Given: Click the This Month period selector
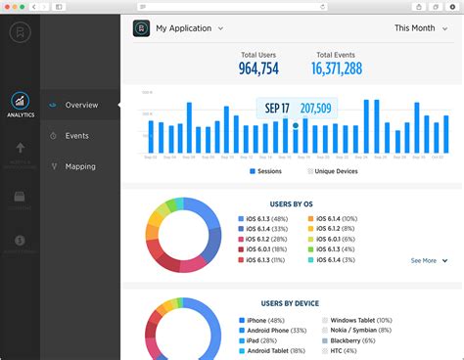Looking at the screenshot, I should point(420,28).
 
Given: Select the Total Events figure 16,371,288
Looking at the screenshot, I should point(337,67).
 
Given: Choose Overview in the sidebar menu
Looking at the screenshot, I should point(81,105).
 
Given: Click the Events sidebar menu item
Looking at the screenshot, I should point(77,136).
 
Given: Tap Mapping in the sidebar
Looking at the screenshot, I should point(80,166).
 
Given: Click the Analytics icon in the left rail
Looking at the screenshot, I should point(20,102).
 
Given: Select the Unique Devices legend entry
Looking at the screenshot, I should point(334,171).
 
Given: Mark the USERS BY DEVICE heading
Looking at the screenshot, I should point(292,304).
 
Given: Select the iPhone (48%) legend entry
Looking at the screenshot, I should point(266,321).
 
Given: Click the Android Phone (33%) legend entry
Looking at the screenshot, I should point(277,332).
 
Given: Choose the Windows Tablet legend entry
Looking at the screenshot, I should point(359,321).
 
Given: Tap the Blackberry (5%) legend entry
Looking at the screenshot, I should point(359,342).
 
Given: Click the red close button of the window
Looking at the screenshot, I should point(10,7).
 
